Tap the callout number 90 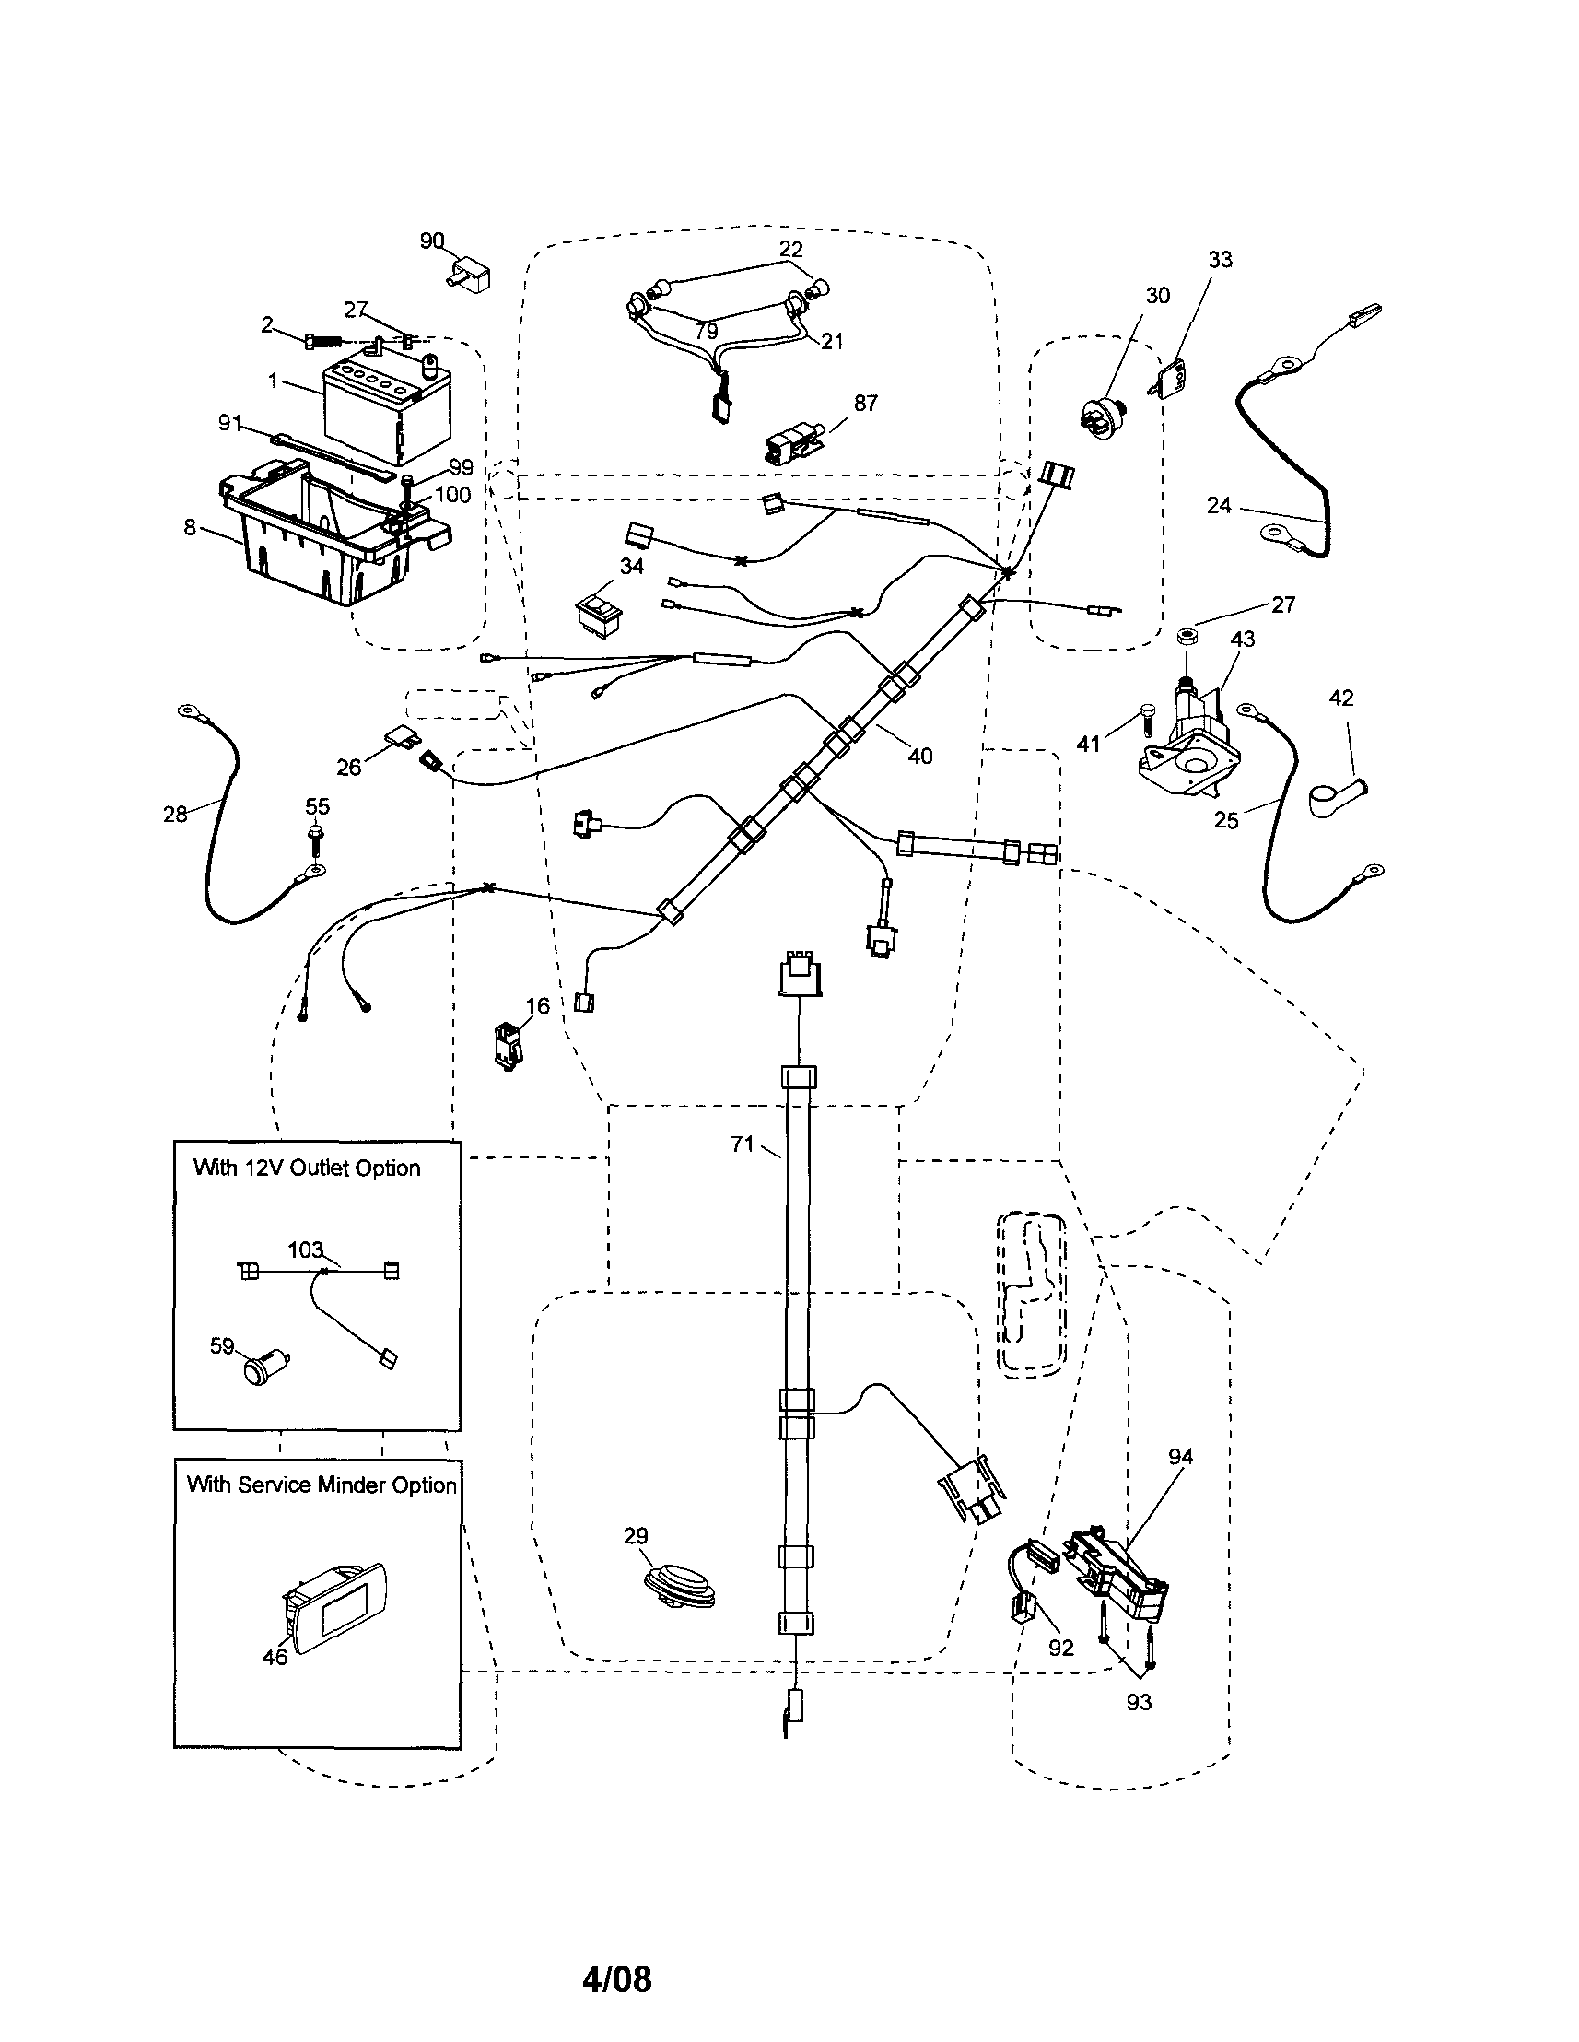click(431, 241)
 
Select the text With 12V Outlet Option click(307, 1168)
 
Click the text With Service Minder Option click(322, 1485)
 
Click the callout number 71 click(743, 1144)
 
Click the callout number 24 click(1218, 506)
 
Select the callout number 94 click(1181, 1457)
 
